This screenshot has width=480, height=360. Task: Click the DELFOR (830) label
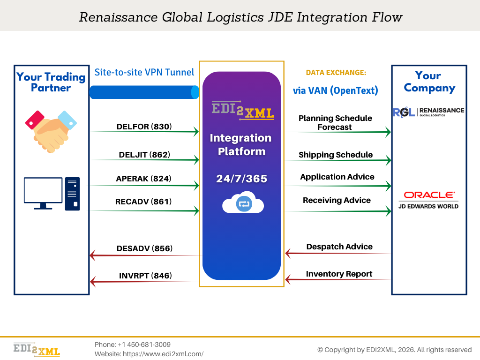click(144, 127)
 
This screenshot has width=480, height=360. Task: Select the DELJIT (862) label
click(144, 155)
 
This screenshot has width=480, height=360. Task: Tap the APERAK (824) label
click(144, 179)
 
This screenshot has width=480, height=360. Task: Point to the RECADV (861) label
click(143, 202)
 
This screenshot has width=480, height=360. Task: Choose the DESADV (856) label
click(144, 248)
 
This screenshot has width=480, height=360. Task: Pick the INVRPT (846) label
click(145, 276)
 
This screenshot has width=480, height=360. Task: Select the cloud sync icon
click(243, 203)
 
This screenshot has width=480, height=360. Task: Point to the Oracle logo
click(429, 195)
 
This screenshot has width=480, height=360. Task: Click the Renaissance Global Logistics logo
click(428, 112)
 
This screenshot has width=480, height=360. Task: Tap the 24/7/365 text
click(241, 179)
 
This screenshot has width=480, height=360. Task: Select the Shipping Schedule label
click(336, 155)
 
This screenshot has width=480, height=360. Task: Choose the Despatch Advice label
click(339, 247)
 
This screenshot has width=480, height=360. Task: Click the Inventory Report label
click(339, 274)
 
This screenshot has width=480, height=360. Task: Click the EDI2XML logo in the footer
click(37, 349)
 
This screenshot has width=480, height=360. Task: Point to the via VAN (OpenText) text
click(336, 90)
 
